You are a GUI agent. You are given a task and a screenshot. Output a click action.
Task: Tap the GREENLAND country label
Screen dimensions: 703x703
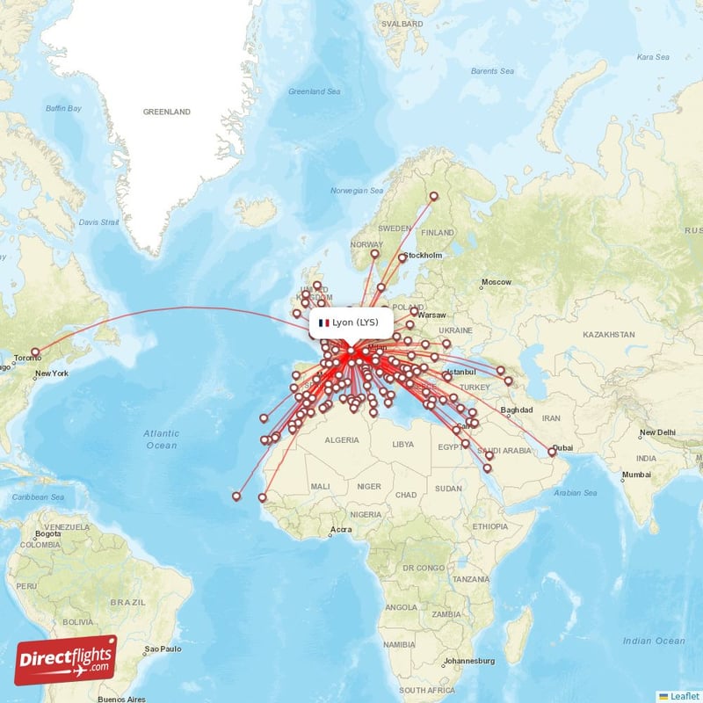point(167,112)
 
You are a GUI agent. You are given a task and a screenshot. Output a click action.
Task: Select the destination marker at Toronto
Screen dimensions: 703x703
point(35,352)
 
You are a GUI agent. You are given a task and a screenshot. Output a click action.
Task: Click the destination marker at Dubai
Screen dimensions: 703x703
point(552,452)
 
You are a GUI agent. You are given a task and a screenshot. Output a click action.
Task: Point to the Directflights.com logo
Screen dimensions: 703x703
point(66,660)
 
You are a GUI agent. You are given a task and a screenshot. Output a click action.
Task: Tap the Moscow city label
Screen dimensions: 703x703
point(497,282)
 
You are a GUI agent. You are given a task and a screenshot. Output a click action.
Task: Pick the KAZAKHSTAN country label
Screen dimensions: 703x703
point(607,335)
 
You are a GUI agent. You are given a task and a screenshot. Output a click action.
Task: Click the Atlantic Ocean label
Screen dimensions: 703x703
point(161,439)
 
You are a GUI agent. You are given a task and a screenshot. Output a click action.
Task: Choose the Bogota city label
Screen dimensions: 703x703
point(48,533)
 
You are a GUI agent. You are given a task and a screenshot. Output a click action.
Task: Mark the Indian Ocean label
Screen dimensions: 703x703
point(649,641)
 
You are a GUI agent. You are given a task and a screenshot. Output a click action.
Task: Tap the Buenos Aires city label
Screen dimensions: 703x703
point(123,699)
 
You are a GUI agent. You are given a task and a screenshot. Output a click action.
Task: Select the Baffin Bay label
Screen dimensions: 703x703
point(63,108)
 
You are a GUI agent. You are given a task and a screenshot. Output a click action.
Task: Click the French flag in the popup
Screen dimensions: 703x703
point(324,323)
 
